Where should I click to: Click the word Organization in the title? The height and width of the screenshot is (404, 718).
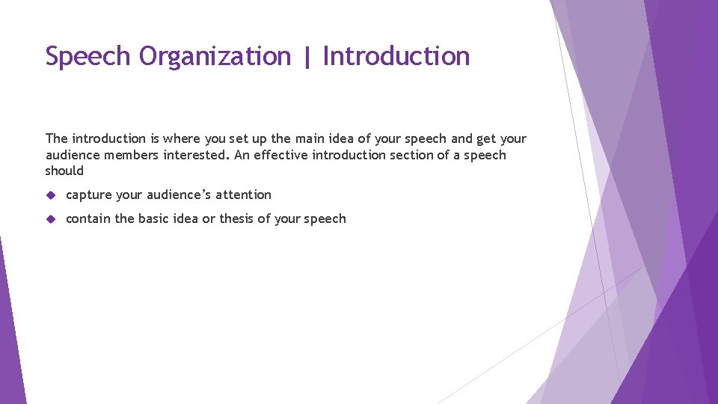pos(215,57)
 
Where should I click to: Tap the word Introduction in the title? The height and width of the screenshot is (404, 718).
pos(396,56)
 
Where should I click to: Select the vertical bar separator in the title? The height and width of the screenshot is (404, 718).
pos(307,57)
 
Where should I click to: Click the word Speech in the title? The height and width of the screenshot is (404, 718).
pos(89,57)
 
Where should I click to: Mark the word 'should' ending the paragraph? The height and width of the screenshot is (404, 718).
pos(64,171)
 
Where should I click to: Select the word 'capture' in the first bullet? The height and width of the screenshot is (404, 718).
pos(89,195)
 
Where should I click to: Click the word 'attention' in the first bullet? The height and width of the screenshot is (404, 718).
pos(244,195)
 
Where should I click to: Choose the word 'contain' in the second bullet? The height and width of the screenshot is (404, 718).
pos(89,218)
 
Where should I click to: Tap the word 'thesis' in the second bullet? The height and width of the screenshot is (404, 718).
pos(236,218)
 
